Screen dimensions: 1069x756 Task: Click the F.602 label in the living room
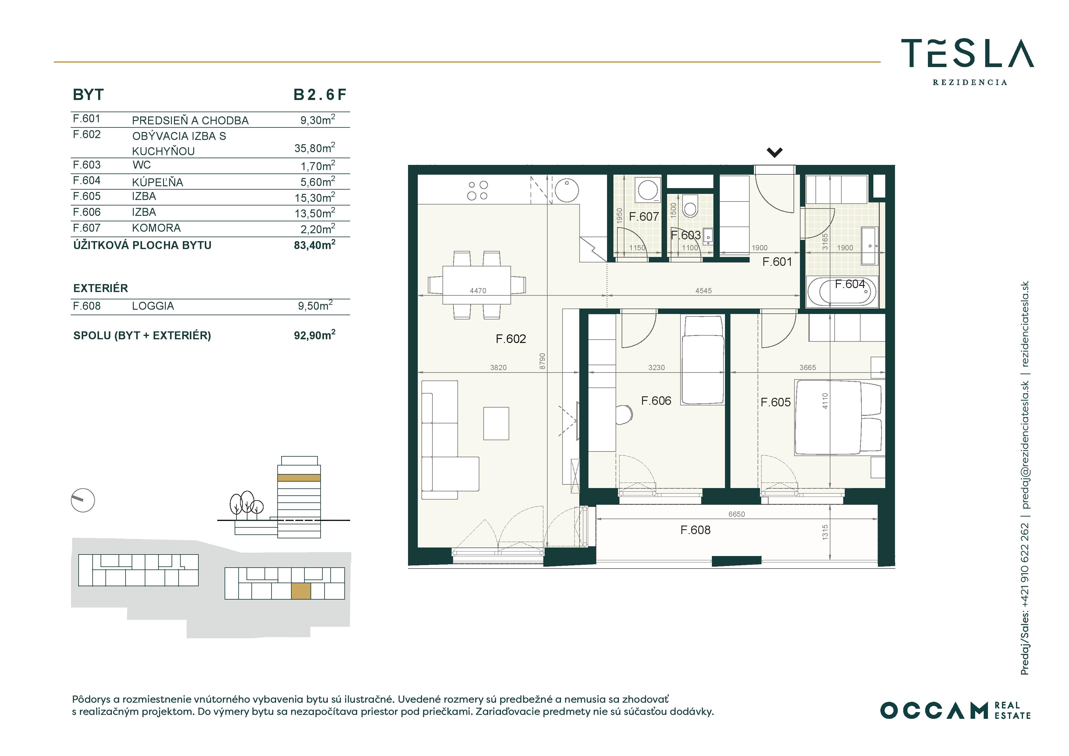(x=511, y=339)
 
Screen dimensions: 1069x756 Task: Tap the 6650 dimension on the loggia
(x=737, y=514)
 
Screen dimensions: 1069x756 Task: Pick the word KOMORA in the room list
(x=156, y=228)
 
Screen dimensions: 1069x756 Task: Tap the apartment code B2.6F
(x=320, y=94)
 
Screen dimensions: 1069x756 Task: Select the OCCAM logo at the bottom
(x=955, y=710)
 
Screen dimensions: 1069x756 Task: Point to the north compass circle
(x=83, y=501)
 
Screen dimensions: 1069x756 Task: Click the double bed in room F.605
(x=838, y=417)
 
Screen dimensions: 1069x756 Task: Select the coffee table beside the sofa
(x=496, y=423)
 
